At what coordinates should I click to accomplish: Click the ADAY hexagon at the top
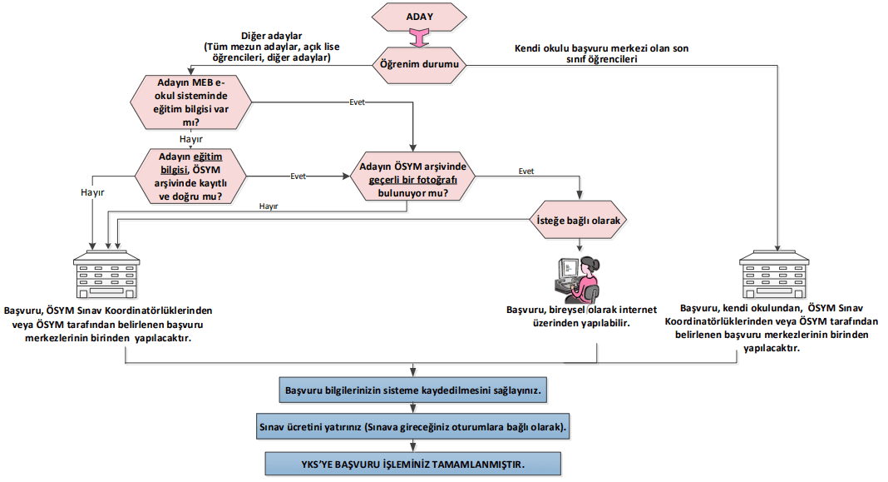pyautogui.click(x=419, y=17)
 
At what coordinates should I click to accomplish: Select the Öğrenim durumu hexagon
pyautogui.click(x=419, y=65)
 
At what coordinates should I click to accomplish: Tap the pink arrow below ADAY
pyautogui.click(x=419, y=38)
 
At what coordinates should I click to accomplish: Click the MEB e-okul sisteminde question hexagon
pyautogui.click(x=191, y=102)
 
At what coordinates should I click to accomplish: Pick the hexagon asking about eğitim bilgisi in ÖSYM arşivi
pyautogui.click(x=190, y=176)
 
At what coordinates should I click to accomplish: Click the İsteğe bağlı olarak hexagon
pyautogui.click(x=578, y=221)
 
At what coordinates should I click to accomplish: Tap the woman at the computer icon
pyautogui.click(x=578, y=280)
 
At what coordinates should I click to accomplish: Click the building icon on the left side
pyautogui.click(x=106, y=275)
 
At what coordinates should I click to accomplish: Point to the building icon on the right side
pyautogui.click(x=774, y=275)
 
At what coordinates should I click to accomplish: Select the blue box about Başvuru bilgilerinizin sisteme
pyautogui.click(x=413, y=390)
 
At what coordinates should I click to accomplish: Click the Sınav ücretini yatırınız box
pyautogui.click(x=413, y=427)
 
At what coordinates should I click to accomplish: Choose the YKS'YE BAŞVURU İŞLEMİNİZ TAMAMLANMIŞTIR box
pyautogui.click(x=413, y=464)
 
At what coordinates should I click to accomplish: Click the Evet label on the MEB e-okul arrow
pyautogui.click(x=358, y=102)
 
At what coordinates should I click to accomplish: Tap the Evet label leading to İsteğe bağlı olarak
pyautogui.click(x=526, y=171)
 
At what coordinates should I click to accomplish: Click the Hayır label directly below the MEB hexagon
pyautogui.click(x=191, y=139)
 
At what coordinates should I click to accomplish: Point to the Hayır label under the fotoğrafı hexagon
pyautogui.click(x=269, y=206)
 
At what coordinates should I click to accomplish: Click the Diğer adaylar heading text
pyautogui.click(x=272, y=36)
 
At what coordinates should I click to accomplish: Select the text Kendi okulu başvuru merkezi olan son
pyautogui.click(x=601, y=48)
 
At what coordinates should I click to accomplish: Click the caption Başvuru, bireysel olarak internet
pyautogui.click(x=582, y=310)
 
